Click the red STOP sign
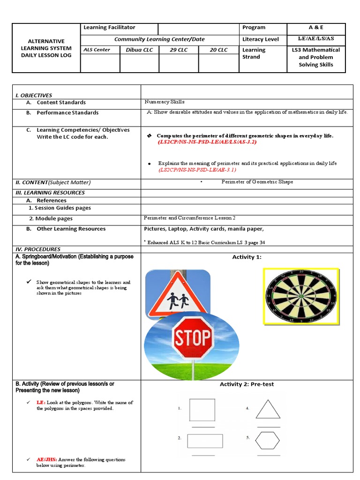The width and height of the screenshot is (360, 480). pos(193,338)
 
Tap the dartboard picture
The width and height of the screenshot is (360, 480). pos(300,296)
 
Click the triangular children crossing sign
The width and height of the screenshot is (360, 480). pos(178,294)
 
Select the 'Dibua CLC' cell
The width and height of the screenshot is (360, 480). pos(139,50)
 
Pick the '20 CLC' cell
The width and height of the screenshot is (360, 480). pos(218,50)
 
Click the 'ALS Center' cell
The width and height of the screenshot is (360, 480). pos(97,50)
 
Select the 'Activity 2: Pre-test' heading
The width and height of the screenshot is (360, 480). pos(247,384)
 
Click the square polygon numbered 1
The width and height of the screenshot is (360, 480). pos(202,410)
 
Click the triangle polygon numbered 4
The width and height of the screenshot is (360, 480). pos(268,409)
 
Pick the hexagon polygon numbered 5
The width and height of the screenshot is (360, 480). pos(268,440)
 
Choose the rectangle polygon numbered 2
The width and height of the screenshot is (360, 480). pos(205,441)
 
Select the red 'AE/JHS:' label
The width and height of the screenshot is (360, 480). pos(46,460)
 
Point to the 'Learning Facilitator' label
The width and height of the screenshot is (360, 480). pos(109,28)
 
